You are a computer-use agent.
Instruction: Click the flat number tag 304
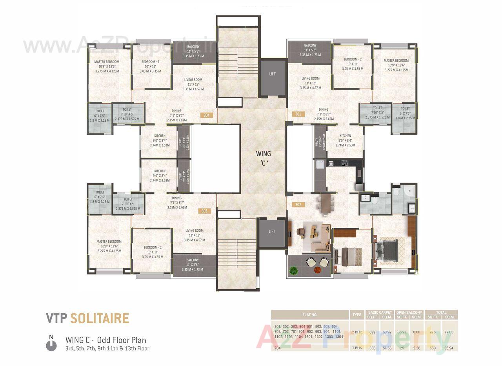(x=207, y=115)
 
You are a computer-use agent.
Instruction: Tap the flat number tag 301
(x=298, y=114)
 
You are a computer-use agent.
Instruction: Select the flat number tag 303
(x=204, y=211)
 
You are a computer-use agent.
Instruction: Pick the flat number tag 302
(x=298, y=204)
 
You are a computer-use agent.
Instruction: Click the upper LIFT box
(x=272, y=74)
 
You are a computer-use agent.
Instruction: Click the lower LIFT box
(x=272, y=232)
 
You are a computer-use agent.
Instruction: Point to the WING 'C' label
(x=263, y=157)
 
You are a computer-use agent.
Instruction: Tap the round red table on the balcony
(x=317, y=271)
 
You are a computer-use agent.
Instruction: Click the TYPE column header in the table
(x=357, y=315)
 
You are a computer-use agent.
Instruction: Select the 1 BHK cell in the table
(x=357, y=348)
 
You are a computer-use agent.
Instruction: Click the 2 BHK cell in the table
(x=357, y=332)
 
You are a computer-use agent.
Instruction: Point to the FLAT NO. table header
(x=309, y=315)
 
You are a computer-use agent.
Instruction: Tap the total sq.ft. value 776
(x=433, y=332)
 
